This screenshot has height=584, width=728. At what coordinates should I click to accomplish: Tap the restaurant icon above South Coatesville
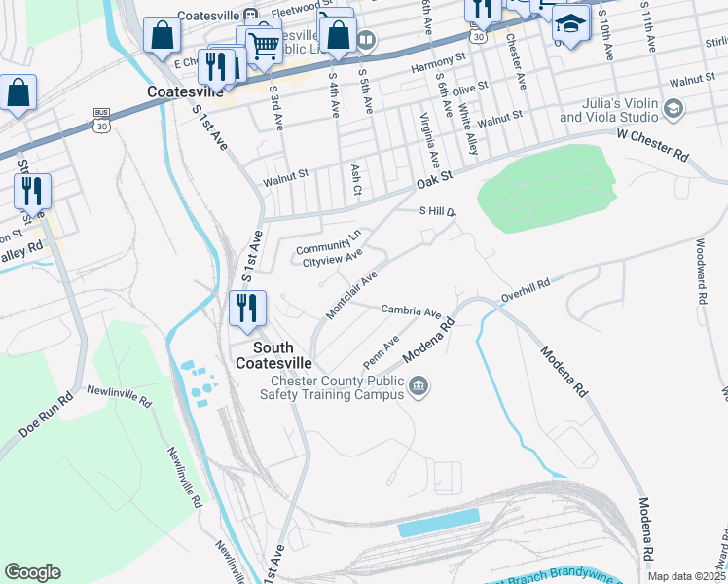[247, 309]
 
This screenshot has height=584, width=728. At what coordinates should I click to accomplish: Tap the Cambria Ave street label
[412, 310]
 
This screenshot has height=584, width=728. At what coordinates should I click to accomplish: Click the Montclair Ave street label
[351, 295]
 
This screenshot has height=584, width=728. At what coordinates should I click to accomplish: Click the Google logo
[32, 572]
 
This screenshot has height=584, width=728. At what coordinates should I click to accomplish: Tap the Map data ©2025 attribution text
[687, 576]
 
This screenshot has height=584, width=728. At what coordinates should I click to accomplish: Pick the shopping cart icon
[264, 45]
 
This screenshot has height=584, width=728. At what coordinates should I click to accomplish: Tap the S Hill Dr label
[437, 210]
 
